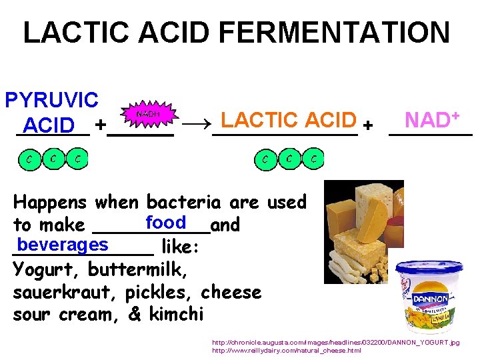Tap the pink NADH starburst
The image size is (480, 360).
(147, 115)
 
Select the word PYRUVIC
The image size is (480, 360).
(51, 100)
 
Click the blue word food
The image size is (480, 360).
(165, 222)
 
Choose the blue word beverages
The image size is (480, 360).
(63, 245)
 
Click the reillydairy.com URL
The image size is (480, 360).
(287, 351)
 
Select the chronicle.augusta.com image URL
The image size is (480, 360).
(335, 343)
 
